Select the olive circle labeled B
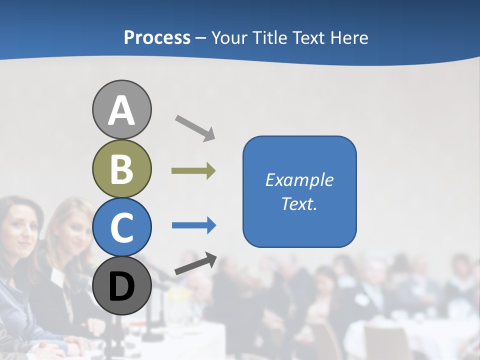[x=121, y=168]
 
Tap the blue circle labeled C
[x=121, y=227]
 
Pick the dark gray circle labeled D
[x=121, y=286]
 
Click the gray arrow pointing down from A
[x=195, y=127]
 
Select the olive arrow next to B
[x=193, y=171]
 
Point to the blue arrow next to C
[x=194, y=225]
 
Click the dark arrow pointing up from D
[x=195, y=264]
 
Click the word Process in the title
[x=157, y=38]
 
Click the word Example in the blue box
[x=299, y=180]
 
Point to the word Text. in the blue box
[x=299, y=203]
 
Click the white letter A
[x=121, y=110]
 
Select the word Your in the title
[x=230, y=38]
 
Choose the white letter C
[x=121, y=227]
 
